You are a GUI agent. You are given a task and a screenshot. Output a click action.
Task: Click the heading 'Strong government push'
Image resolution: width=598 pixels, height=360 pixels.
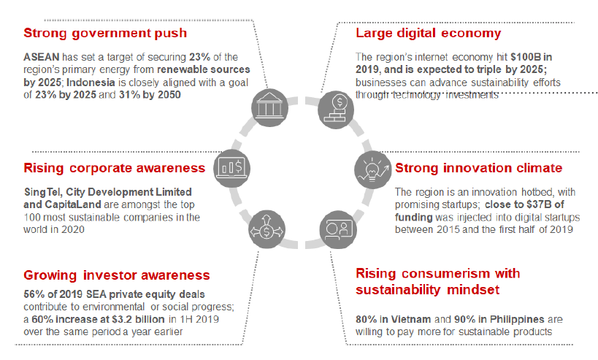105,33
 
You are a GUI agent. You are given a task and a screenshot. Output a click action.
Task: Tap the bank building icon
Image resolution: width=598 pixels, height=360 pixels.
269,107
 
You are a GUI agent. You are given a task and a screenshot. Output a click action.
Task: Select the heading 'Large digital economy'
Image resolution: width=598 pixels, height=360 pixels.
429,33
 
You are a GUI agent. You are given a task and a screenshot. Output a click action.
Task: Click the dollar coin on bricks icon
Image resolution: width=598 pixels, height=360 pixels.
336,110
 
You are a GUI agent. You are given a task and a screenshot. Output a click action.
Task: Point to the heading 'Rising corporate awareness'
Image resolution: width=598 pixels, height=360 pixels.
115,168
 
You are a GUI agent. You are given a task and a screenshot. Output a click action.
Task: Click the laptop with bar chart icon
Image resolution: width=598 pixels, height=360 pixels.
231,168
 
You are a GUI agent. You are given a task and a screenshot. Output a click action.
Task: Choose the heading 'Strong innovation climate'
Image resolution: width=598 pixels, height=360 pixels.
479,168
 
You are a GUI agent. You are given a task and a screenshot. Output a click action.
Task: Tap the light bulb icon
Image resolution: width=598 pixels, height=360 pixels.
372,169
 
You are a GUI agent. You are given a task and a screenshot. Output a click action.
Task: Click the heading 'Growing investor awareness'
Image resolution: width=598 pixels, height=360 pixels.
117,275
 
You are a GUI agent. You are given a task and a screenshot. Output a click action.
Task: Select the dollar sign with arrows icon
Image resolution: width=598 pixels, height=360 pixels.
267,229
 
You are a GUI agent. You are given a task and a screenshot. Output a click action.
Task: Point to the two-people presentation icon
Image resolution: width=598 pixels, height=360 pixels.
338,229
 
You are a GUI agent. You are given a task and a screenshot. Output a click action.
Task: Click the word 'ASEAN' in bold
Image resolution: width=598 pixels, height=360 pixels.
42,57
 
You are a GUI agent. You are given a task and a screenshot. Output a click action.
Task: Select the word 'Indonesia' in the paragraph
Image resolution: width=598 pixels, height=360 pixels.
91,83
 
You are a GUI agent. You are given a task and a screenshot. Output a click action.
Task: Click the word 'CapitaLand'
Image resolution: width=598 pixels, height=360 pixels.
73,204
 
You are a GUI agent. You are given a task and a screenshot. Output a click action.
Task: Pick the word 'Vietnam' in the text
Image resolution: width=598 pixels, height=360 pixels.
411,319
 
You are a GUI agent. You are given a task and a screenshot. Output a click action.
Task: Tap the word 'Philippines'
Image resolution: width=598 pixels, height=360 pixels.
517,319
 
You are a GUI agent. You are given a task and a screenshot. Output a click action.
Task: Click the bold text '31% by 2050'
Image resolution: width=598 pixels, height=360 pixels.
150,95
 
